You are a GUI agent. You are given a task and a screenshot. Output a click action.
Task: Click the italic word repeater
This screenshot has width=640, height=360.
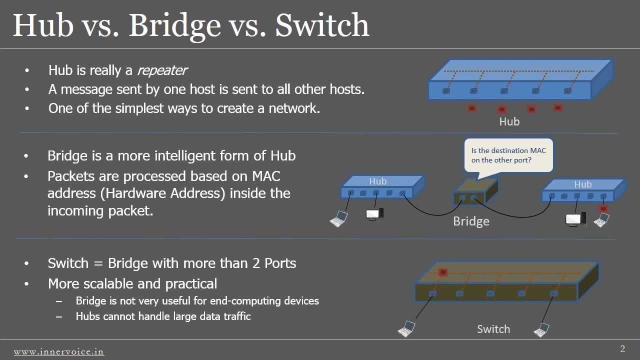[x=162, y=70]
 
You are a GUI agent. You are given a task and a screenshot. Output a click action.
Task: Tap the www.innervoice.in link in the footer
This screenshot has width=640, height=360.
[x=59, y=351]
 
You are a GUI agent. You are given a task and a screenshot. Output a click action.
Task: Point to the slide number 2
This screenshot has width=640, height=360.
[x=622, y=348]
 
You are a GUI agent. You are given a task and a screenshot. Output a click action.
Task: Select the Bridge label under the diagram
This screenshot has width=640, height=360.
[x=471, y=221]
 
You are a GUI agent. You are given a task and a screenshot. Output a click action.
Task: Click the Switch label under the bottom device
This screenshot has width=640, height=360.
[x=493, y=329]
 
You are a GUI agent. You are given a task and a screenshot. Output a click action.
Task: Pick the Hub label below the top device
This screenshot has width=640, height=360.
[x=509, y=121]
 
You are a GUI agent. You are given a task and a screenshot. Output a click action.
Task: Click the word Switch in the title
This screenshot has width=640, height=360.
[x=322, y=25]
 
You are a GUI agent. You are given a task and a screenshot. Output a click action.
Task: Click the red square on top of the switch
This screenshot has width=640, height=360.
[x=443, y=272]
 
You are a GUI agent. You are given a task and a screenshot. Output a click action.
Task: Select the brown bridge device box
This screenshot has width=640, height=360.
[x=475, y=191]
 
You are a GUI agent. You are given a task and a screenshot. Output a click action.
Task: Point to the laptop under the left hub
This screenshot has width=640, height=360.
[x=339, y=219]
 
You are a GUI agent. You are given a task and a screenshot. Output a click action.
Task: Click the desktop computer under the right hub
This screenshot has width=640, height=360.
[x=575, y=219]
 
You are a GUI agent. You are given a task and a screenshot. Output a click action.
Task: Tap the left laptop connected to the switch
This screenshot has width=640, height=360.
[x=406, y=329]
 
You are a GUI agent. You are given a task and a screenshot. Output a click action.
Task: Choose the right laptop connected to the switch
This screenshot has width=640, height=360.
[x=541, y=330]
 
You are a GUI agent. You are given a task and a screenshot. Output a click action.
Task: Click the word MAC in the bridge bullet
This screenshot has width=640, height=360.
[x=266, y=176]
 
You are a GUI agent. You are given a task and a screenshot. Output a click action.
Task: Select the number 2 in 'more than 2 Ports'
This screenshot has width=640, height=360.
[x=256, y=263]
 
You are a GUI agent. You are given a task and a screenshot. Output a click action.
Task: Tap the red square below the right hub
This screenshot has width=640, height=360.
[x=603, y=208]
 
